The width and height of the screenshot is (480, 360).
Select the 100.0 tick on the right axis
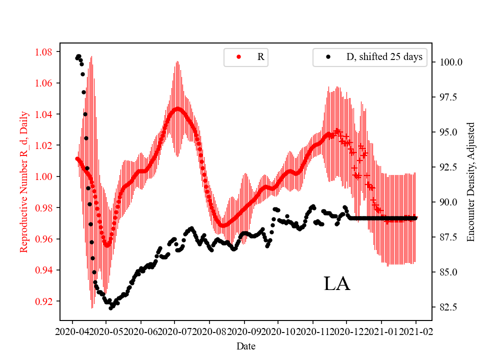click(x=450, y=62)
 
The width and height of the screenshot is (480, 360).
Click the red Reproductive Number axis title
click(x=23, y=181)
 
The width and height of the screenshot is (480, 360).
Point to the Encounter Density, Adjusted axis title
click(x=470, y=181)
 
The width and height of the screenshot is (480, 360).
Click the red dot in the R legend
click(x=238, y=57)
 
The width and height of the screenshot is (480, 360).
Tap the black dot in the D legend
click(x=328, y=57)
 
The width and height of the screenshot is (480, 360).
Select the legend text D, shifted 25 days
click(x=384, y=57)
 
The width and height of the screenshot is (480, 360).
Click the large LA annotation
click(x=336, y=283)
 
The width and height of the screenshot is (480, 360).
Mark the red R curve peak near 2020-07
click(x=177, y=108)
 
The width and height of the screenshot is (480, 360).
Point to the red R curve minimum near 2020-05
click(x=106, y=245)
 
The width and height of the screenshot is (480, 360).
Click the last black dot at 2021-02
click(x=415, y=217)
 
